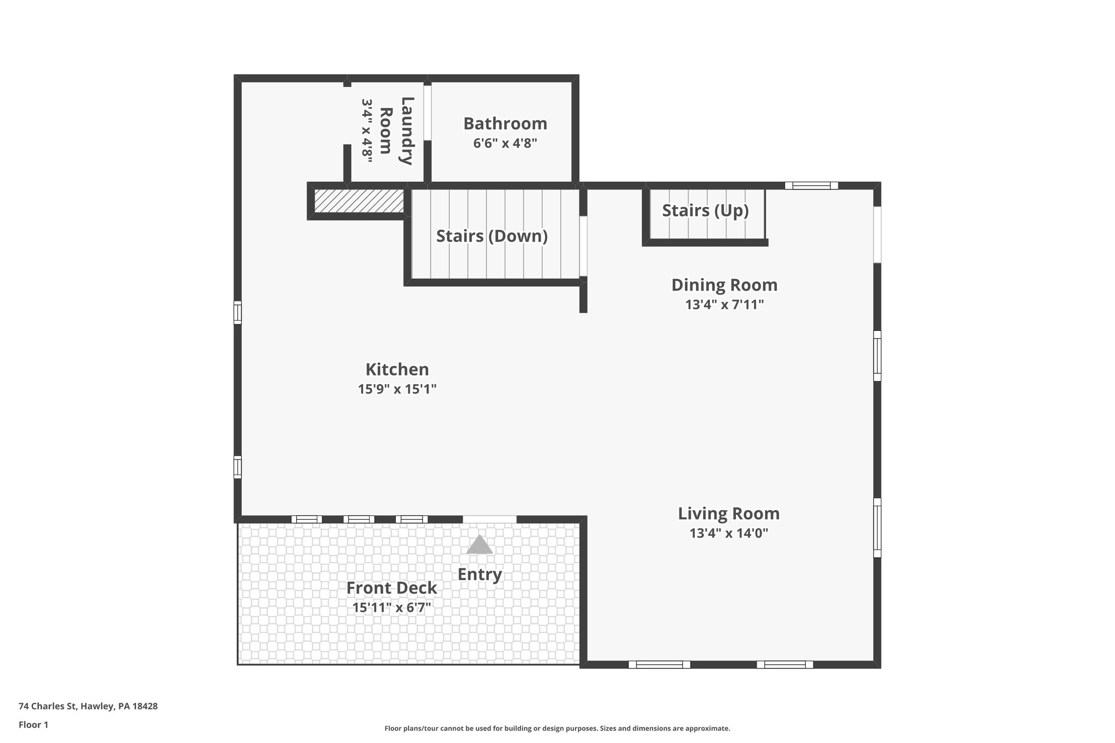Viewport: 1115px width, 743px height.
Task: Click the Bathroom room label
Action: (505, 124)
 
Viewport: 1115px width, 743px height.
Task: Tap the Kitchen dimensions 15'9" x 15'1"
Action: (397, 389)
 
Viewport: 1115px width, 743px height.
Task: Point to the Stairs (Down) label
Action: (492, 236)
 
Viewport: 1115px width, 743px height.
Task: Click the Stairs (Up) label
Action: (705, 210)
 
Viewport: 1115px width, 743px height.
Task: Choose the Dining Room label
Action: (724, 285)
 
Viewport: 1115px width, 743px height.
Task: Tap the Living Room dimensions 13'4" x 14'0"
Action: (728, 533)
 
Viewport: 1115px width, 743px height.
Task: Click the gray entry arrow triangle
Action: (479, 545)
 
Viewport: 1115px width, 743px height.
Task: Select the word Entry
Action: (479, 574)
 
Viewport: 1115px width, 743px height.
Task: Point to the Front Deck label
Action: (391, 588)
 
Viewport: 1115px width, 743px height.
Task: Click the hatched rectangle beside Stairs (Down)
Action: (359, 201)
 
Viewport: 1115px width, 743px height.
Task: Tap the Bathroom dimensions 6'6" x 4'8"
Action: (505, 144)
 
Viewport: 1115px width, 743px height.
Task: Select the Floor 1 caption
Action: (33, 724)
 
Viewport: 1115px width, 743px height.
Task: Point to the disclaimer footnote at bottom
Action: (557, 728)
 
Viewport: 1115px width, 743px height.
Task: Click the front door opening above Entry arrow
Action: (489, 519)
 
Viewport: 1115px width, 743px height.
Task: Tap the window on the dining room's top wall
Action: (811, 186)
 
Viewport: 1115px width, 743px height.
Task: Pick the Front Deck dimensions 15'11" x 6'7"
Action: (391, 607)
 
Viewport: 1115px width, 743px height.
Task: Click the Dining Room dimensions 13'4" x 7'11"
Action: (724, 305)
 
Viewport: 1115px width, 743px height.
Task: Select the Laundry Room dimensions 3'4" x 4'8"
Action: (367, 131)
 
